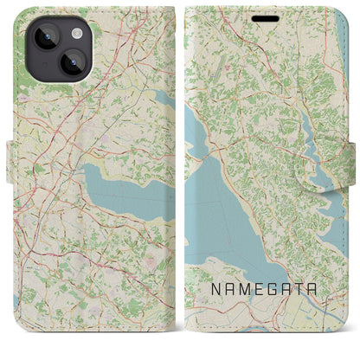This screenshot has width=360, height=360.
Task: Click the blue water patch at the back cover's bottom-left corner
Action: pyautogui.click(x=16, y=338)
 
